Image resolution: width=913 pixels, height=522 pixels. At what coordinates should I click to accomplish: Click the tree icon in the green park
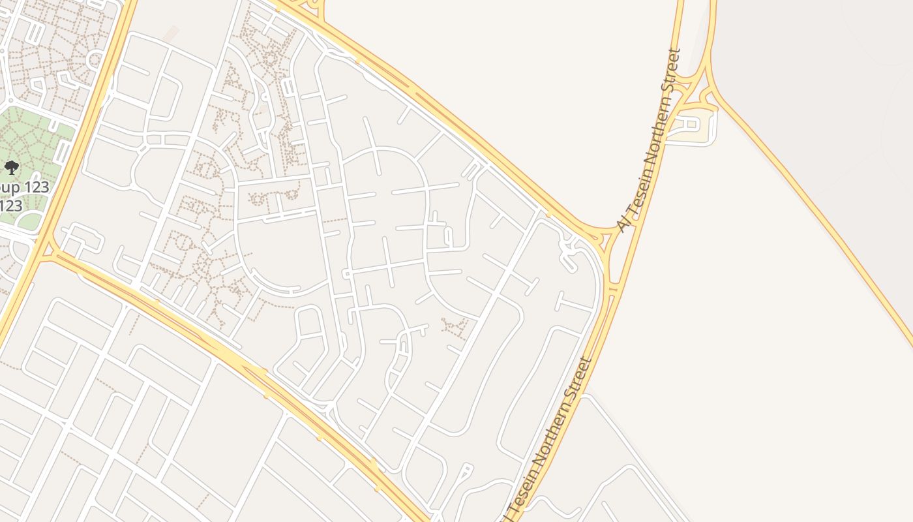tap(11, 168)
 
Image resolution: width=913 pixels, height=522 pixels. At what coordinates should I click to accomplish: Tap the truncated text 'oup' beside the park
tap(14, 188)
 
